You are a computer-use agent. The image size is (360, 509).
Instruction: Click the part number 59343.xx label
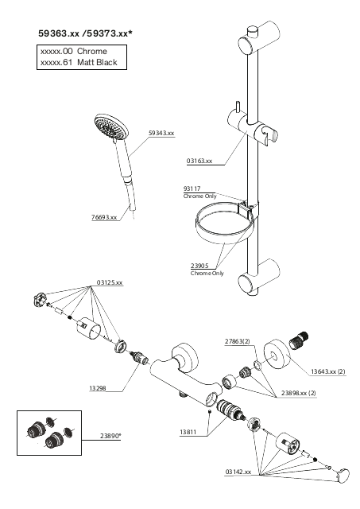point(161,133)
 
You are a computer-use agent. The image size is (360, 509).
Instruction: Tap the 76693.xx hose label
point(104,217)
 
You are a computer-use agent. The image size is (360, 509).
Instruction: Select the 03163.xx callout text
point(199,161)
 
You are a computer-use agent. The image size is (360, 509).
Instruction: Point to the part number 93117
point(192,188)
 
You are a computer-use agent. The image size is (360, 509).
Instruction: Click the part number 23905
point(199,266)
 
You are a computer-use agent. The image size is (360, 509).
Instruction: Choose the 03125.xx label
point(110,283)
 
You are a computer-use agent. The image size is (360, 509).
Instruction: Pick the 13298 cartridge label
point(98,388)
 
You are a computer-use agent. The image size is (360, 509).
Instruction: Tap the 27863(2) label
point(238,341)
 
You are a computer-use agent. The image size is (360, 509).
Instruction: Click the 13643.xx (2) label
point(328,371)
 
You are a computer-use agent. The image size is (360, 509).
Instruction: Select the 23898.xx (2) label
point(298,393)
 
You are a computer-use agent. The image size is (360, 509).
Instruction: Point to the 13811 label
point(188,433)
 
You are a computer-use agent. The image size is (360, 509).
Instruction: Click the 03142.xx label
point(238,472)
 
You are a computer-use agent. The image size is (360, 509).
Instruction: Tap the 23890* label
point(110,436)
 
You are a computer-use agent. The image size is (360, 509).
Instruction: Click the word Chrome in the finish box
point(92,51)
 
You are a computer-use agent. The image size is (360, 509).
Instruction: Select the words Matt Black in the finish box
point(97,62)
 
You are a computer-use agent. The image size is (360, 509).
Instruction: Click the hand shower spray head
point(110,127)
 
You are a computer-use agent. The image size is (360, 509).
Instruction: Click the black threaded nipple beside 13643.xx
point(298,341)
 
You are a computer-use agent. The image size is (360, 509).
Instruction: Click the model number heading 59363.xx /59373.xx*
point(86,33)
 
